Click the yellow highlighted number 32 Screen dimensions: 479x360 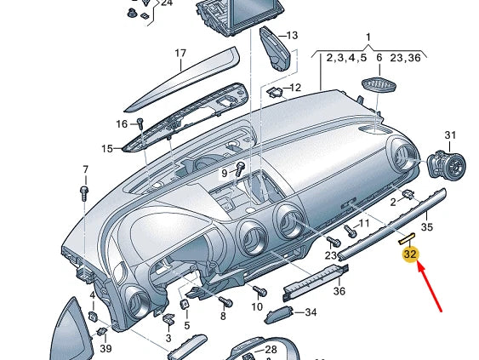pos(410,254)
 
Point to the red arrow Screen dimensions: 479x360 pos(430,288)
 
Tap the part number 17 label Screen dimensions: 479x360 pos(180,53)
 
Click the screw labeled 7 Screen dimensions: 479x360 pos(84,193)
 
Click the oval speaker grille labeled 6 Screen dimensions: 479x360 pos(379,84)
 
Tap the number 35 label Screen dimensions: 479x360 pos(427,226)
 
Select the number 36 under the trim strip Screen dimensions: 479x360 pos(339,291)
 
